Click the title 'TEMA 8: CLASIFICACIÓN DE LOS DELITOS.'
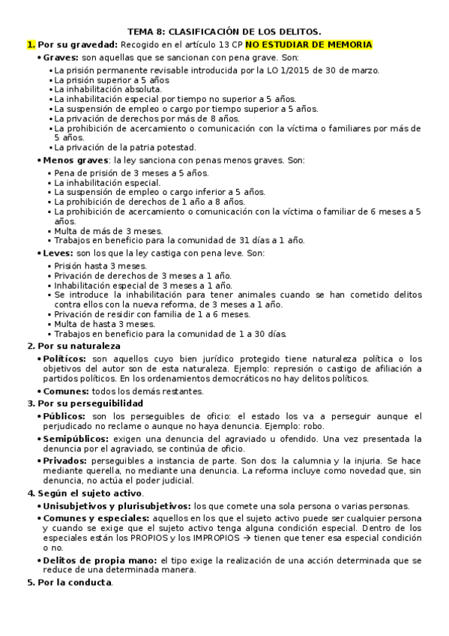coord(224,31)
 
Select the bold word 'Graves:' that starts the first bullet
coord(61,58)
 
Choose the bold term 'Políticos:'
coord(66,359)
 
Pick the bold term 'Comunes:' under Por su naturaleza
coord(65,391)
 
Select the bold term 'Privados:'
coord(64,460)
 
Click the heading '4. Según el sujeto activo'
coord(85,493)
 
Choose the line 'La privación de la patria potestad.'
coord(125,147)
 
